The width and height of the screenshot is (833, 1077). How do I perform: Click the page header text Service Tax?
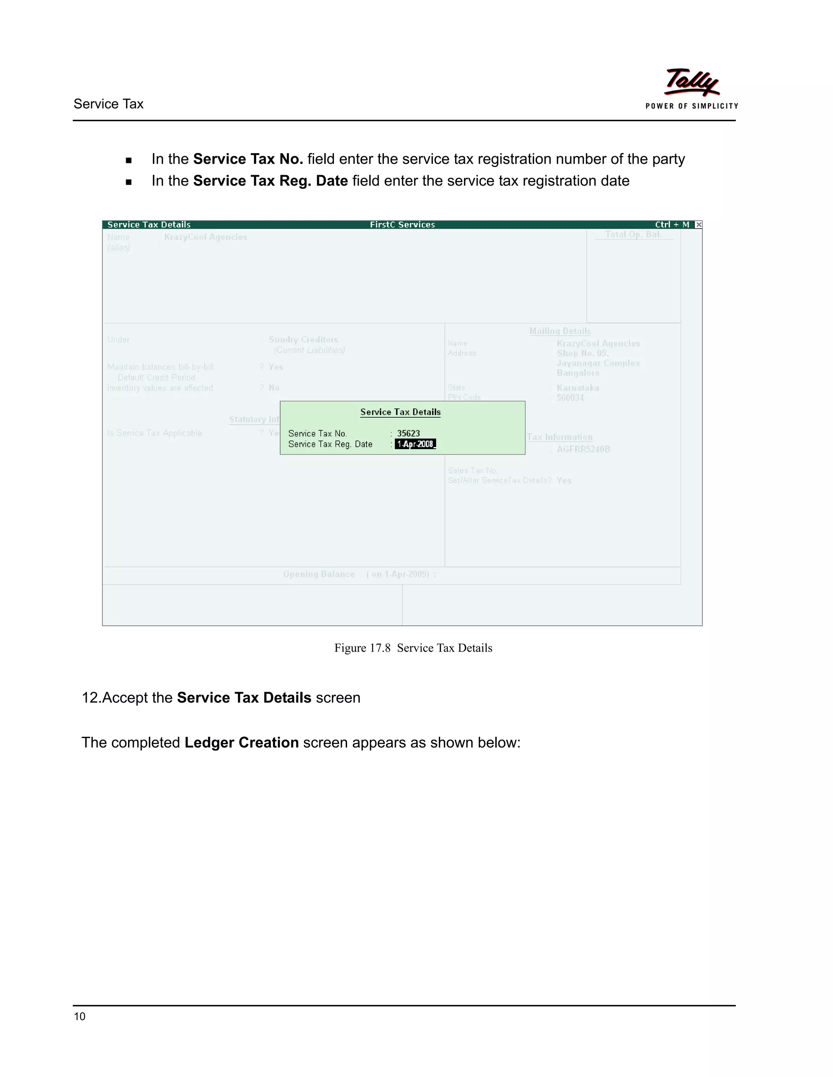click(x=109, y=104)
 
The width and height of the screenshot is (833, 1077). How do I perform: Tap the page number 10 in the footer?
click(x=79, y=1016)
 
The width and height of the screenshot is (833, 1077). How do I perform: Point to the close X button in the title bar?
click(x=698, y=225)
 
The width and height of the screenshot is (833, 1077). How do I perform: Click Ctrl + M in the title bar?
click(x=672, y=225)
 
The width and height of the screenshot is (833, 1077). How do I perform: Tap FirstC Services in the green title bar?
click(x=402, y=225)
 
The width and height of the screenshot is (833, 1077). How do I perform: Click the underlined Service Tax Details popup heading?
click(x=400, y=412)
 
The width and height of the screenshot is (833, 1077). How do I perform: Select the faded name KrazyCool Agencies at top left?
click(x=205, y=237)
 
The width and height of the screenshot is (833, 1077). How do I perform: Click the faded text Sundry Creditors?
click(x=303, y=340)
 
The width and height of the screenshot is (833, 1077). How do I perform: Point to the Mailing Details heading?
click(x=560, y=331)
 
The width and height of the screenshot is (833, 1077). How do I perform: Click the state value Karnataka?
click(x=578, y=388)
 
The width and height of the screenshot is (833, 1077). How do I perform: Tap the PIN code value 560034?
click(x=570, y=398)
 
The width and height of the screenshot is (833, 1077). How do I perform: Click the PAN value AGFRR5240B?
click(x=583, y=449)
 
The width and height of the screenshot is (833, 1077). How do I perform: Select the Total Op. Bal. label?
click(x=633, y=235)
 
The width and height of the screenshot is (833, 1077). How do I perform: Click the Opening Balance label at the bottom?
click(x=319, y=575)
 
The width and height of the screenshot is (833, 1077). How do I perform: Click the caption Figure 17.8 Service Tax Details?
click(x=413, y=648)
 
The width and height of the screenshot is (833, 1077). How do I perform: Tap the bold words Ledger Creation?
click(x=241, y=743)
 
